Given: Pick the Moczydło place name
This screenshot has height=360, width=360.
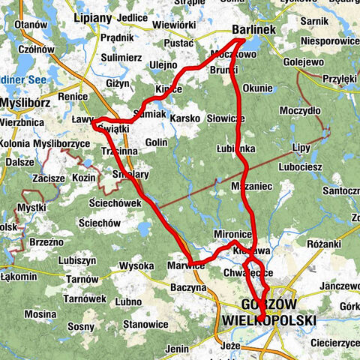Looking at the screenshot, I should pos(300,110).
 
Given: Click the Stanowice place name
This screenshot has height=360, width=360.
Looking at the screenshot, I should pos(145,324).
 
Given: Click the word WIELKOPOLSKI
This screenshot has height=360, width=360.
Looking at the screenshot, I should pos(269,320).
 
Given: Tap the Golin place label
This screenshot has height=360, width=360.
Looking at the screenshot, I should pos(157,142).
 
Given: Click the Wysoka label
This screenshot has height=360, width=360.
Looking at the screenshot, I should pos(136,265).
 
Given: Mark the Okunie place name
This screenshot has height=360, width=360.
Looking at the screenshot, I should pos(258,88).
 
